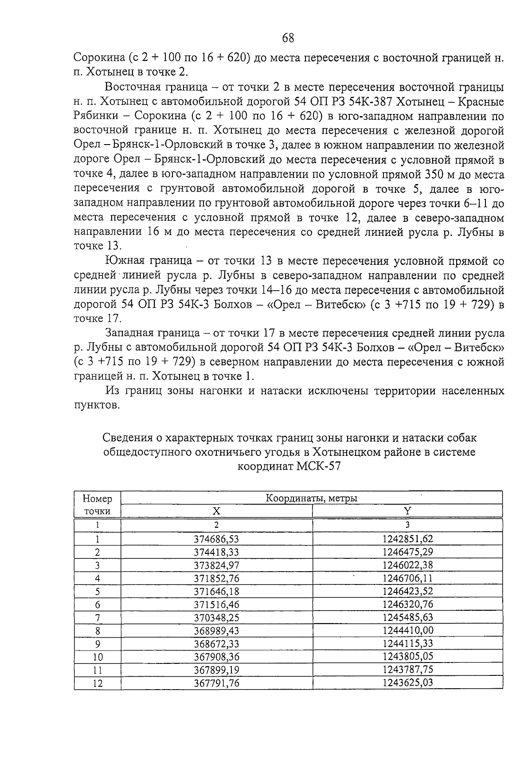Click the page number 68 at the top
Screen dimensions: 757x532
click(288, 38)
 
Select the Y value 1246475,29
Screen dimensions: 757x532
click(407, 552)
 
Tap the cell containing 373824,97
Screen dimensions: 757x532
click(216, 565)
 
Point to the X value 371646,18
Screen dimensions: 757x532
click(216, 591)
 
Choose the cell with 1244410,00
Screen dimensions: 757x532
click(407, 630)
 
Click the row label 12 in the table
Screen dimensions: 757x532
click(98, 683)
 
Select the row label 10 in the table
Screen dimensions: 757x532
click(98, 657)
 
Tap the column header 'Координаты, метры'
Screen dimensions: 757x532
click(311, 498)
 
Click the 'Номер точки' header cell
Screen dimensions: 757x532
click(98, 505)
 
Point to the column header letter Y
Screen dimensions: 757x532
click(407, 511)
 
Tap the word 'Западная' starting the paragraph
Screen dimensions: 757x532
click(135, 333)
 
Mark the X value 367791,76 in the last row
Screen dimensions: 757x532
click(216, 683)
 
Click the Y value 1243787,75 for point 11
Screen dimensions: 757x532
click(407, 670)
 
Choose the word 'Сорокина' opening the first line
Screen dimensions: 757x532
click(98, 58)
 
